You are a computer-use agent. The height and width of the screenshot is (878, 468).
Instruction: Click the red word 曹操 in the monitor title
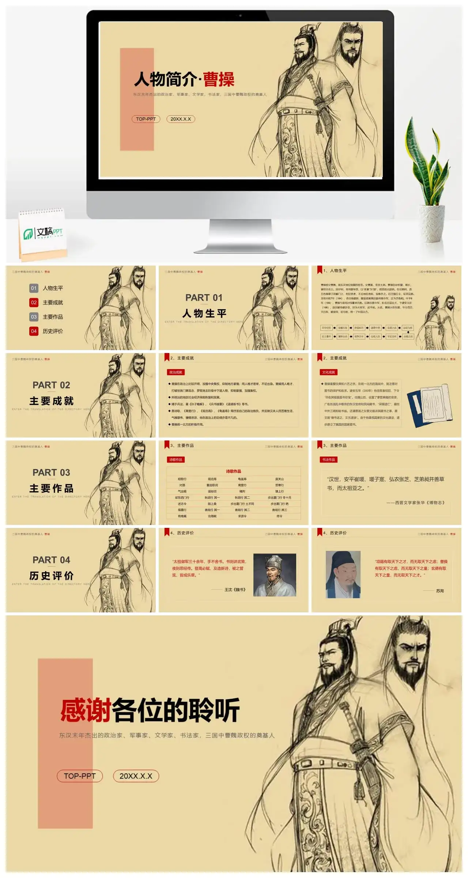[219, 79]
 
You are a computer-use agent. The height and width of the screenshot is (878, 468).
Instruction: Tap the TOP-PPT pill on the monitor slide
[146, 119]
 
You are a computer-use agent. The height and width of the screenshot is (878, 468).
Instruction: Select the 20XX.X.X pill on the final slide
[136, 776]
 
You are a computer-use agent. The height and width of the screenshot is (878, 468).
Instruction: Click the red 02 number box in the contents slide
[34, 303]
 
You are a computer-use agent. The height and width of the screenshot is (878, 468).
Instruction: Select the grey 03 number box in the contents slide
[34, 317]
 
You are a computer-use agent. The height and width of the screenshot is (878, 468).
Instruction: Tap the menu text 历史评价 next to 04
[53, 331]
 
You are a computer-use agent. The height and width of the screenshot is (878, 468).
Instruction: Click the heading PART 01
[204, 298]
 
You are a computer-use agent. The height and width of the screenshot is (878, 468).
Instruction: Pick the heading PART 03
[51, 473]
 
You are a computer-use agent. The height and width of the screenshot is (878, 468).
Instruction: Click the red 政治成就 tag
[175, 372]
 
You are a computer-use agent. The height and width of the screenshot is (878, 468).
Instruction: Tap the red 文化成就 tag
[328, 372]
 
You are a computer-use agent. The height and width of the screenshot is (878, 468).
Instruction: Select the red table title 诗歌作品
[233, 471]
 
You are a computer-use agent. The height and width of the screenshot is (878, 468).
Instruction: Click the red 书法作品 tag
[328, 459]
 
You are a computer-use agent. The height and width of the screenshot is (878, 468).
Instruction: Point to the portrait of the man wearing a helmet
[275, 575]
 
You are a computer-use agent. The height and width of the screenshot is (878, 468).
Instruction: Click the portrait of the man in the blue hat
[343, 575]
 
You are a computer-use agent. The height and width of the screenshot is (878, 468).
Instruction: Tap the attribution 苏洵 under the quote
[440, 591]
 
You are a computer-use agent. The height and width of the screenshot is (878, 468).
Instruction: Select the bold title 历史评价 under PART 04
[51, 576]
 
